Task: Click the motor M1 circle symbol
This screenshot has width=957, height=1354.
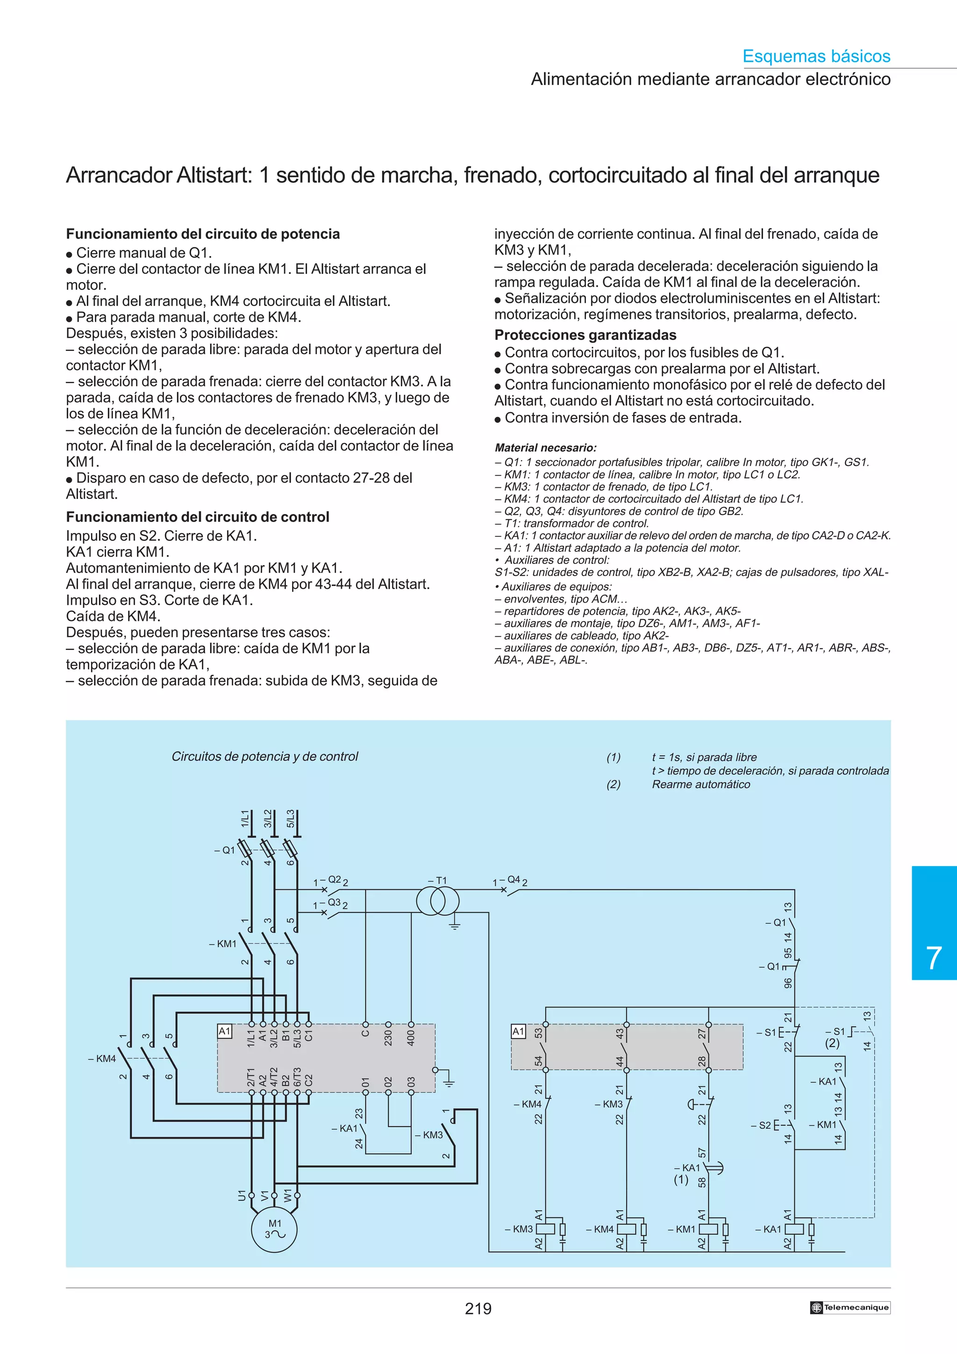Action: (x=274, y=1230)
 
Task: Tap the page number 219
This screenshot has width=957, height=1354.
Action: (x=478, y=1309)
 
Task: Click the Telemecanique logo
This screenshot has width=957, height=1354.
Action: (x=850, y=1307)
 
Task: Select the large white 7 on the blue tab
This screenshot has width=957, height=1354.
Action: (x=934, y=958)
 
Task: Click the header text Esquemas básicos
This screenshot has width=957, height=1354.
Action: (x=816, y=56)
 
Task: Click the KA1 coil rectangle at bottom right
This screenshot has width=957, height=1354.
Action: (x=793, y=1229)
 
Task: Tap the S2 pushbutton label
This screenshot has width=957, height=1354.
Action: (x=765, y=1125)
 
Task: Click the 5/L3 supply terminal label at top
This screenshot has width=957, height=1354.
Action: (x=291, y=819)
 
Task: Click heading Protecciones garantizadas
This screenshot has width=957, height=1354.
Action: (x=585, y=335)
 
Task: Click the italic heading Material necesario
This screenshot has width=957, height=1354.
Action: (x=545, y=448)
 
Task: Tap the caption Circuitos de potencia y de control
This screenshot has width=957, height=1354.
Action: (x=265, y=756)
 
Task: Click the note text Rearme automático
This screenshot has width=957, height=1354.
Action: (x=700, y=784)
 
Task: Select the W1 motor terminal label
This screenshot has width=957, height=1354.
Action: (x=288, y=1195)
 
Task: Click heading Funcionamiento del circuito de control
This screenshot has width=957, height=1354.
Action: (x=198, y=517)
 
